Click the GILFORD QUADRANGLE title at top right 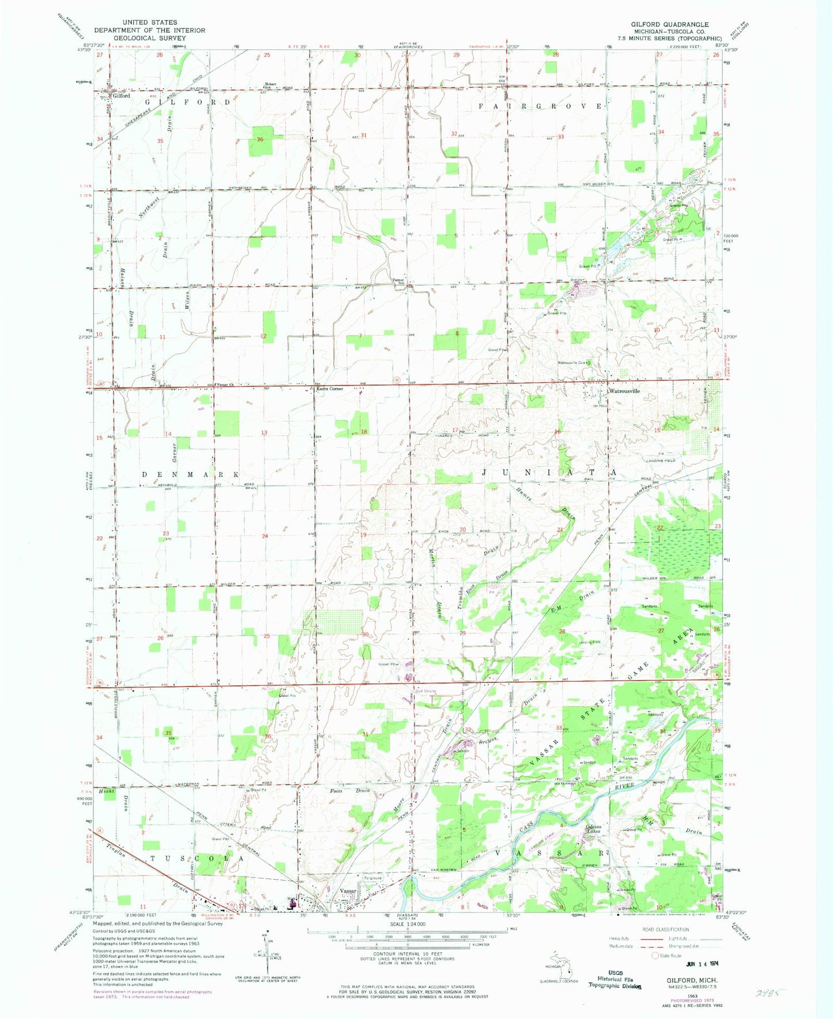(669, 25)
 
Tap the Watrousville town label (625, 391)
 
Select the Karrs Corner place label (330, 388)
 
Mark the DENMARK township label (190, 474)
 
